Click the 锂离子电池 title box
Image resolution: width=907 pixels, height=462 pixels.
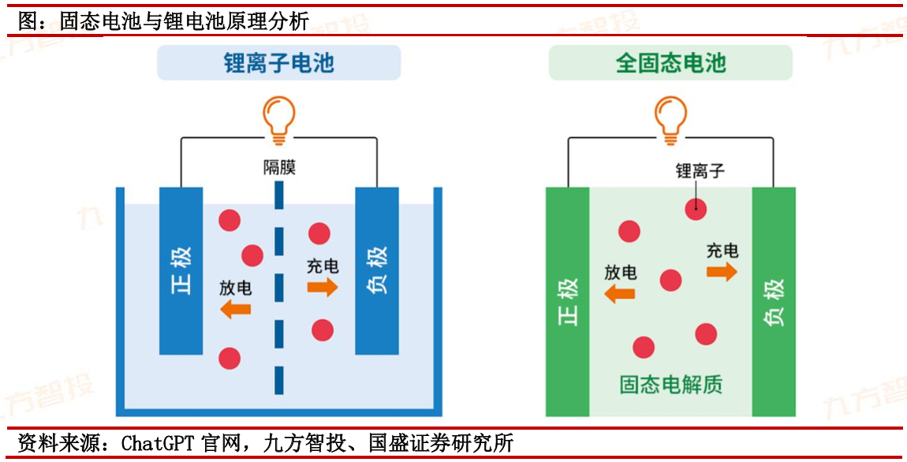pos(278,63)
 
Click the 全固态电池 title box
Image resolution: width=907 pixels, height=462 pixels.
pos(670,63)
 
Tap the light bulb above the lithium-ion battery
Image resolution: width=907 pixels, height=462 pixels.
pos(278,119)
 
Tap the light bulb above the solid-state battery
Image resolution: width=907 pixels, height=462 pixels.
pos(670,119)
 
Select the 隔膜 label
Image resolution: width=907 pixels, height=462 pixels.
pos(279,167)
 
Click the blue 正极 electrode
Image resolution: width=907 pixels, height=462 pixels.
pos(181,270)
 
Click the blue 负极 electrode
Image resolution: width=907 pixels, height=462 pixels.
pos(376,270)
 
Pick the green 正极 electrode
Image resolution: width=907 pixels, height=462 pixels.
pos(568,301)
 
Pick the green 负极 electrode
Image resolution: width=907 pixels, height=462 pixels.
pos(774,301)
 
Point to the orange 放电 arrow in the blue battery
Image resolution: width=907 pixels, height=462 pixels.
pos(236,308)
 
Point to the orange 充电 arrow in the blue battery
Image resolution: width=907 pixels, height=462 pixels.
pos(322,287)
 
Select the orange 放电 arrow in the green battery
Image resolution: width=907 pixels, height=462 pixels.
pos(620,294)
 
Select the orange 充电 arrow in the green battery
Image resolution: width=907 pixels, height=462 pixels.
pos(722,272)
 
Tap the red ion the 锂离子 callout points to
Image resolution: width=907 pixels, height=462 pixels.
pos(695,208)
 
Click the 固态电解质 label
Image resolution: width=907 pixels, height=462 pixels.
pos(670,385)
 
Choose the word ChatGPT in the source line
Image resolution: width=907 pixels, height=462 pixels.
pos(157,444)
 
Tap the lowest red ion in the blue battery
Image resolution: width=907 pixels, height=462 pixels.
pos(229,358)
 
